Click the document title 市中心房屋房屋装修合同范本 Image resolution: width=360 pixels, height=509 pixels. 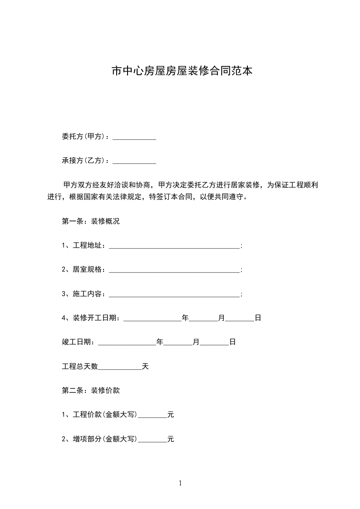182,71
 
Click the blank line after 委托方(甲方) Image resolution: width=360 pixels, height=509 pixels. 134,138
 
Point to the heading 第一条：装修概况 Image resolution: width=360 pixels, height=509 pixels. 91,222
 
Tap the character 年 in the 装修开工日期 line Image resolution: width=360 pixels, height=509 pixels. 185,318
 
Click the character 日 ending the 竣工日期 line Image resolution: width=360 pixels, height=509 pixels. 232,342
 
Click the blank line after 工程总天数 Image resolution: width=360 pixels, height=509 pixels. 120,367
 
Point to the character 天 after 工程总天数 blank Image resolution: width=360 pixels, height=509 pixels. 145,366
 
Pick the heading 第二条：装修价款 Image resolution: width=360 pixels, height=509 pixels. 91,390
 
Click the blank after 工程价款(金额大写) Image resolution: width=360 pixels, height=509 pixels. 152,416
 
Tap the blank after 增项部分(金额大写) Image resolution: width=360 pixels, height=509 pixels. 152,440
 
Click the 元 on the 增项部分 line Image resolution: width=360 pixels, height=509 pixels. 171,439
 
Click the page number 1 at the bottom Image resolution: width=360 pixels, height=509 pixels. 180,484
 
